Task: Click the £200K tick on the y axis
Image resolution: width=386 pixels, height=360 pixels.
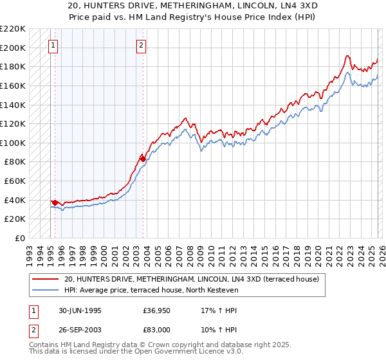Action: [x=13, y=48]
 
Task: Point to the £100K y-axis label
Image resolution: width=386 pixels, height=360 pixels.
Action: [x=13, y=143]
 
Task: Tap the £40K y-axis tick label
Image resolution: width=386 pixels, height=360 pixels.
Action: [x=15, y=200]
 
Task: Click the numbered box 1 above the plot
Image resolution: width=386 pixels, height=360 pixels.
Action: [x=52, y=46]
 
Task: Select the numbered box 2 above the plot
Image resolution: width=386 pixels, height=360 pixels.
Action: [x=141, y=46]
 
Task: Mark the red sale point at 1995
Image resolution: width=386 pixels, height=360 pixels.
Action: [x=55, y=203]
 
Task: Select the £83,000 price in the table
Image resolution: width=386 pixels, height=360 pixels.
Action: [x=157, y=328]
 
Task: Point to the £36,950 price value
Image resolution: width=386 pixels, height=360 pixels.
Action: [x=157, y=309]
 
